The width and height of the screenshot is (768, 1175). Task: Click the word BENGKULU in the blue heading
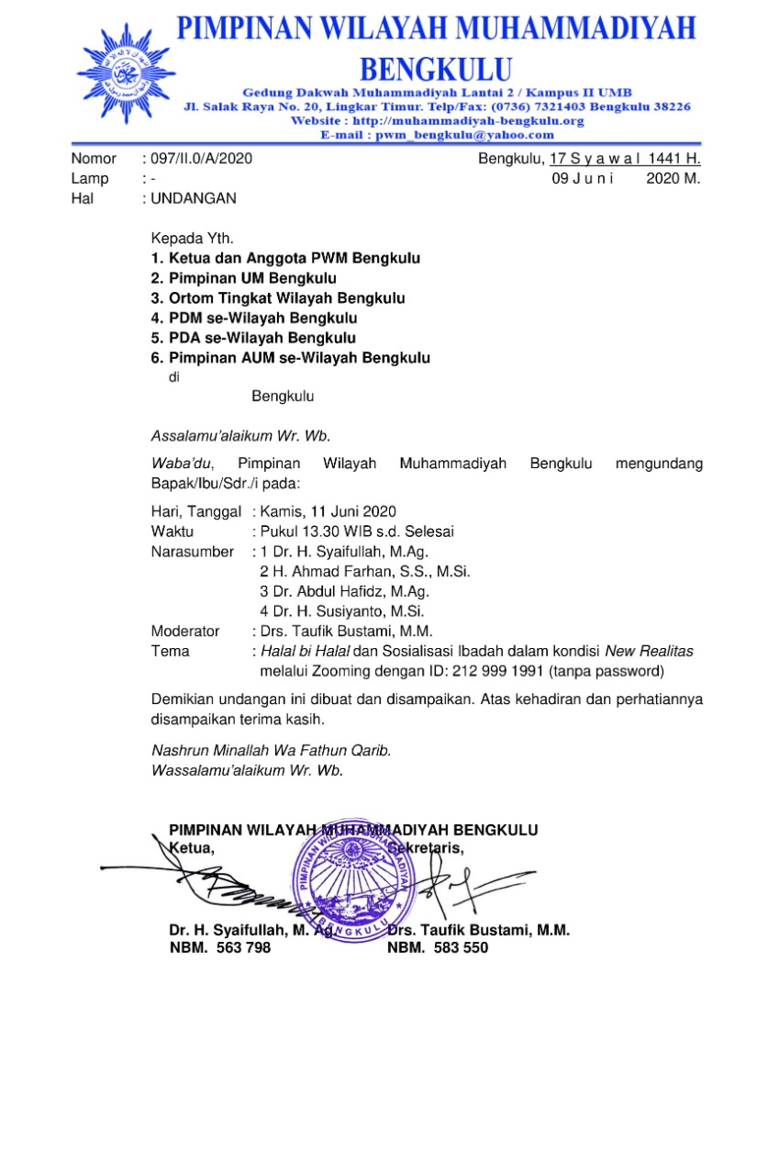tap(435, 70)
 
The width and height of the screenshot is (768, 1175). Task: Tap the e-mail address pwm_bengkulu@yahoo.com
tap(437, 134)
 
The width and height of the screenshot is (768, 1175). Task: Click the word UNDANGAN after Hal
tap(193, 197)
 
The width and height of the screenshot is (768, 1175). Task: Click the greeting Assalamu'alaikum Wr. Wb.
tap(240, 435)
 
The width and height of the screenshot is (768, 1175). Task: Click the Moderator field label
tap(185, 631)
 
